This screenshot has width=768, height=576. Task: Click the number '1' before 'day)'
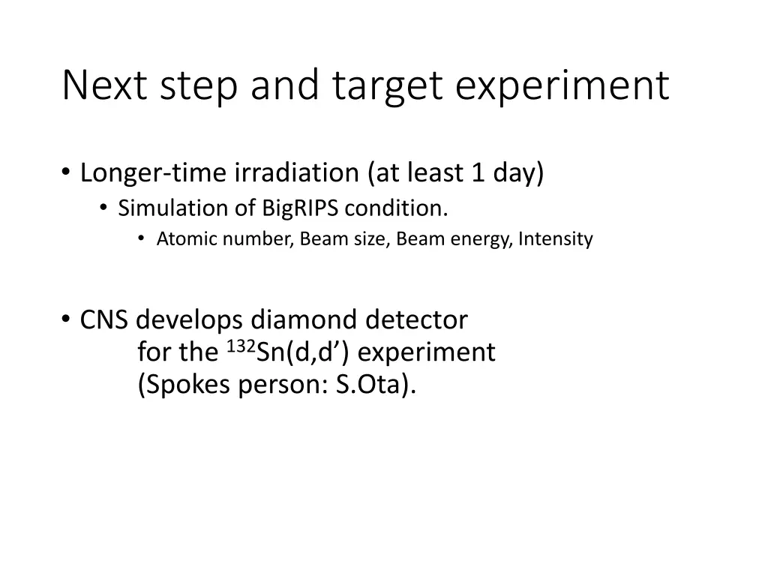coord(478,173)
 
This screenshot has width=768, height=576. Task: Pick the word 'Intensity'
coord(556,239)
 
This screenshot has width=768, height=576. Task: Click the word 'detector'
coord(417,320)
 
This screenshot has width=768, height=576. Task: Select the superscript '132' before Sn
coord(240,346)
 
